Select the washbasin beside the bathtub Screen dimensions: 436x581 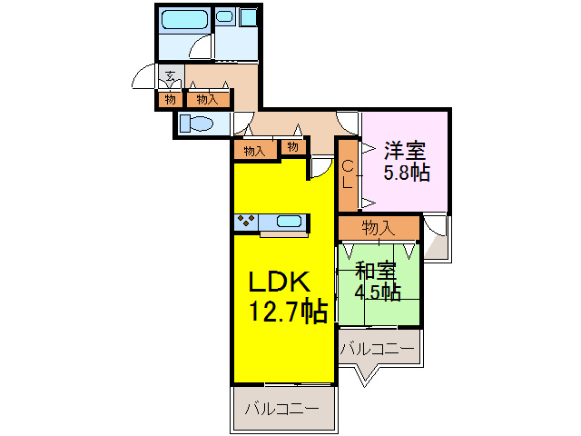[225, 17]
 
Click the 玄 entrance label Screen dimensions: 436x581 [170, 76]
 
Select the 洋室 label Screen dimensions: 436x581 [403, 149]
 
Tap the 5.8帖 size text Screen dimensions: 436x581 [406, 173]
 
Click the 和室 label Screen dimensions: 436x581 [376, 270]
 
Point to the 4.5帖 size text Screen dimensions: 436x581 [378, 292]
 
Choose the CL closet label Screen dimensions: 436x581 [348, 173]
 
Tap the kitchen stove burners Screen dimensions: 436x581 [245, 221]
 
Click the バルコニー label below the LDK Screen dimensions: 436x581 [281, 410]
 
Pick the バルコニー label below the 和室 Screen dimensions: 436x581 [378, 348]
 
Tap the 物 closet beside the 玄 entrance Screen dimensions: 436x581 [170, 99]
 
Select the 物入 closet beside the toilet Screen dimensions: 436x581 [207, 99]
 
